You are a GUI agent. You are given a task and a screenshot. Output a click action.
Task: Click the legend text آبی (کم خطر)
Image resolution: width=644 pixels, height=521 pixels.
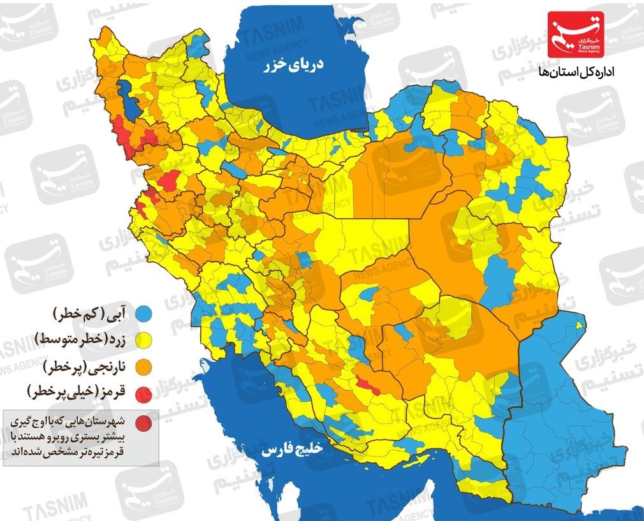93,313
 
